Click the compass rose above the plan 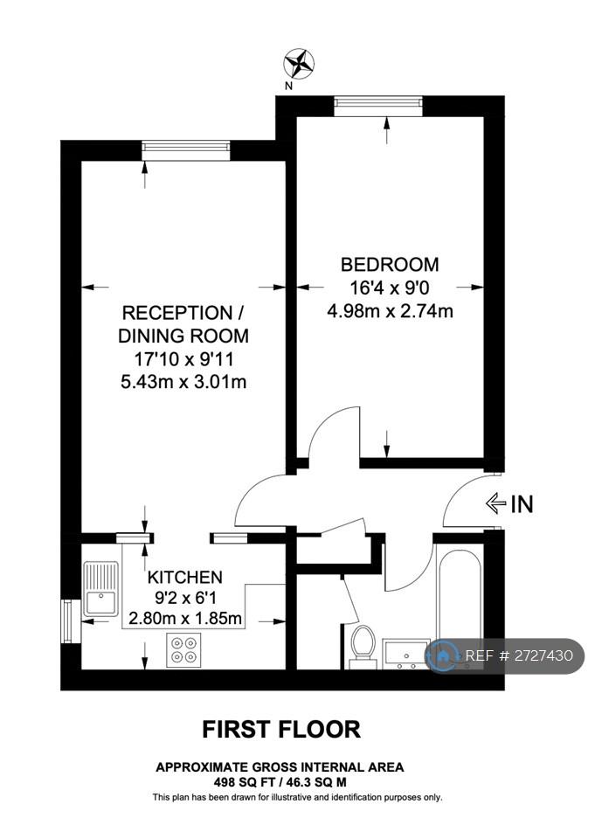299,63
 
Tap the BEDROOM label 390,264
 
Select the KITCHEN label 184,578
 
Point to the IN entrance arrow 495,503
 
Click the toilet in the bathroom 363,647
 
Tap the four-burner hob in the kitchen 183,649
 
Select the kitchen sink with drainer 100,588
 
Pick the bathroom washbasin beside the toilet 406,654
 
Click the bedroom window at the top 378,106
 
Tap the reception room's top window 186,150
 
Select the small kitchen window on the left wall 71,621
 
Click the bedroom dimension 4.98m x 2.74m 390,311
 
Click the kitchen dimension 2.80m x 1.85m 185,619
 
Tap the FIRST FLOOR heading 281,729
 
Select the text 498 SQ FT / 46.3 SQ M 280,781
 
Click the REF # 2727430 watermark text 518,655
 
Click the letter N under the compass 289,87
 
